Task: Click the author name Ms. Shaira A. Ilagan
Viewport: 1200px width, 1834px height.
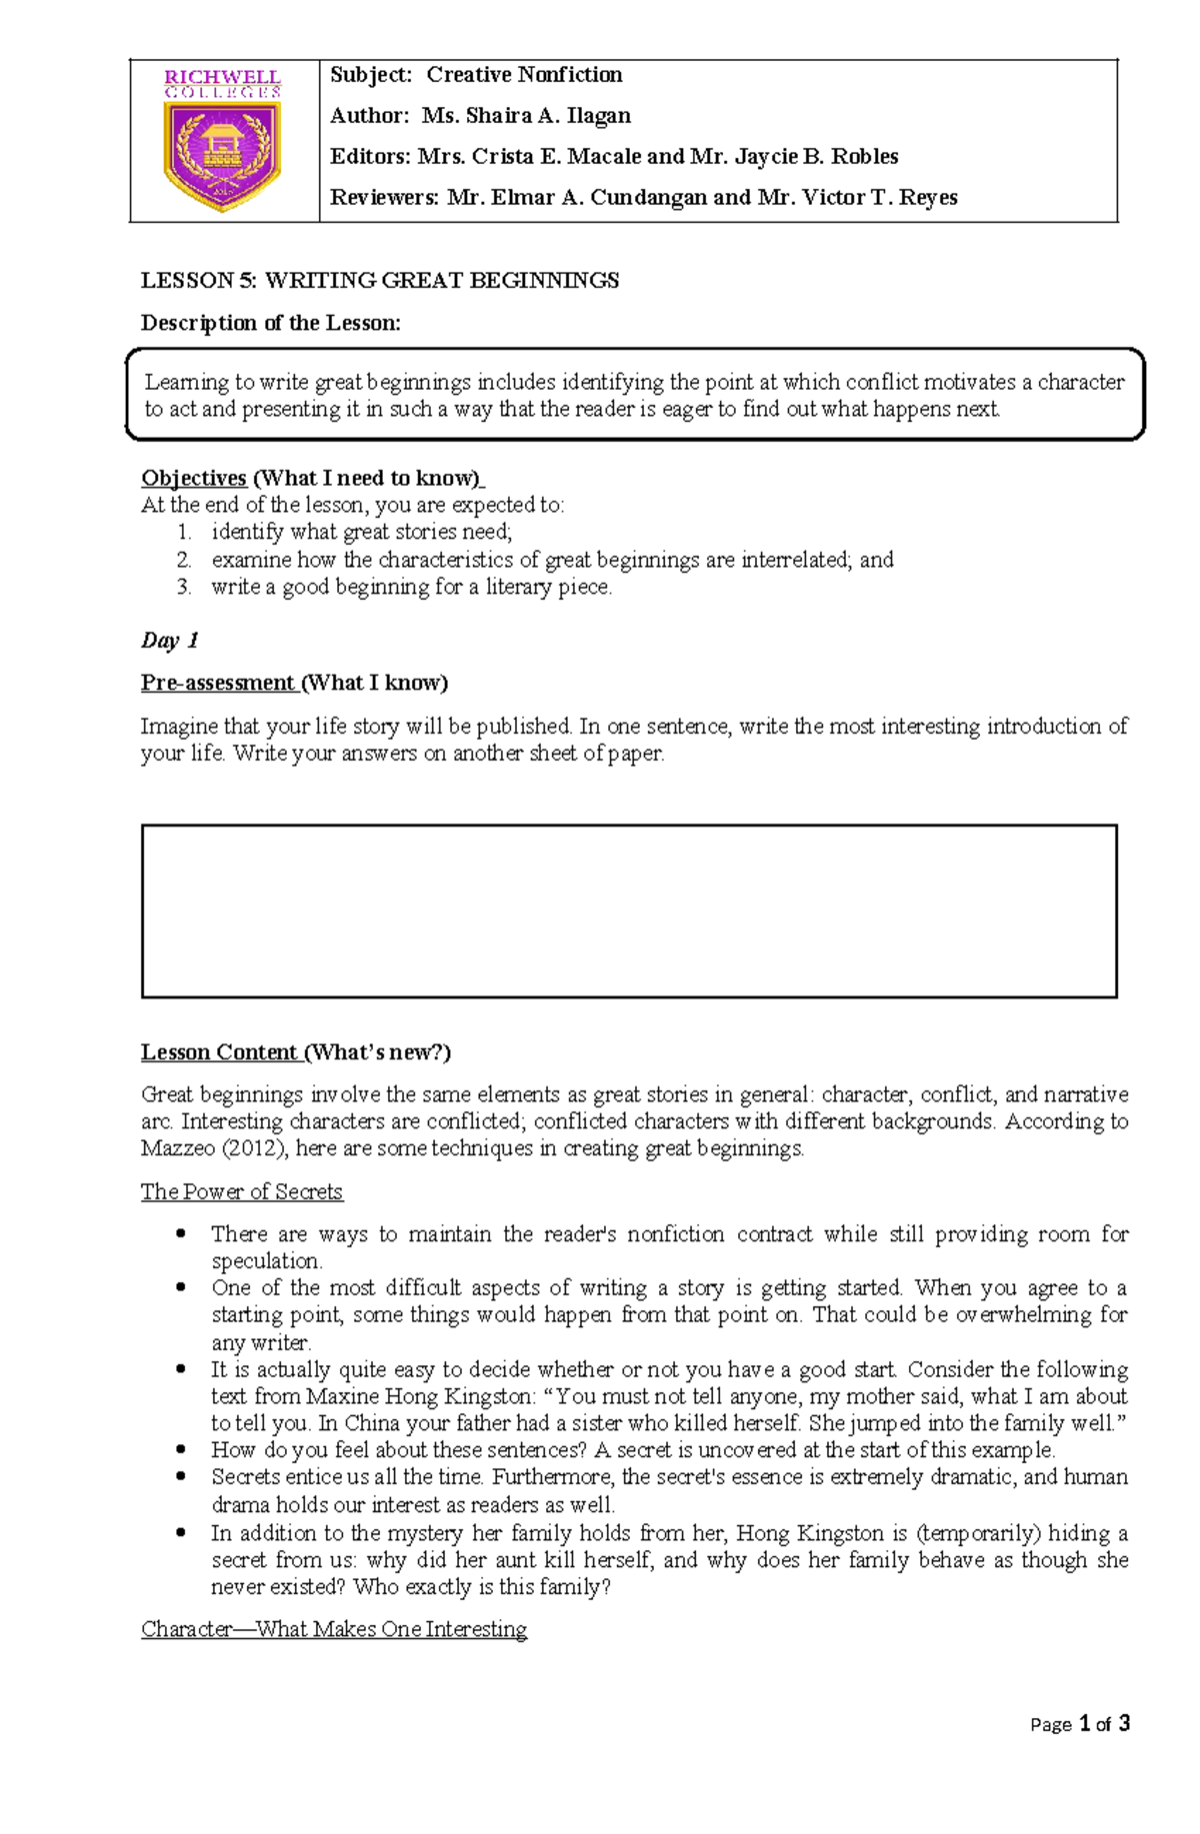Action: click(526, 116)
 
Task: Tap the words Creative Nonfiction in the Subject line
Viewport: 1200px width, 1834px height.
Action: click(524, 75)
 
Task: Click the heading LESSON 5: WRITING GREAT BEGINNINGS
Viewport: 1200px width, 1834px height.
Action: click(380, 281)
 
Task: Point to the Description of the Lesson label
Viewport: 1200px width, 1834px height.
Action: click(270, 323)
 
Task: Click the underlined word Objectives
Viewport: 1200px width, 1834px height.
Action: click(194, 478)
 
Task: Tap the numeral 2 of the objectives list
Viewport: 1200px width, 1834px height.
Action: click(184, 560)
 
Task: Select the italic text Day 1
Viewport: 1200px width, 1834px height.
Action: click(170, 641)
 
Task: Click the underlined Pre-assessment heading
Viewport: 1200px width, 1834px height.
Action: click(218, 683)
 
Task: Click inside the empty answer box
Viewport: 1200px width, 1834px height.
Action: click(628, 911)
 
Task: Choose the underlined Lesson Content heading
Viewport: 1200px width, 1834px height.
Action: click(220, 1052)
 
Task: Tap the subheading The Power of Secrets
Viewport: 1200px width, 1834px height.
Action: click(242, 1191)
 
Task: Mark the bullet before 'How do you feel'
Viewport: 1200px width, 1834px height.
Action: click(181, 1449)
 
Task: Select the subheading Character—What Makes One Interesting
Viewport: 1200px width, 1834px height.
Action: click(334, 1629)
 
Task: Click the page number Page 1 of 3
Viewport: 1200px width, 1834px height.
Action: click(1079, 1724)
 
